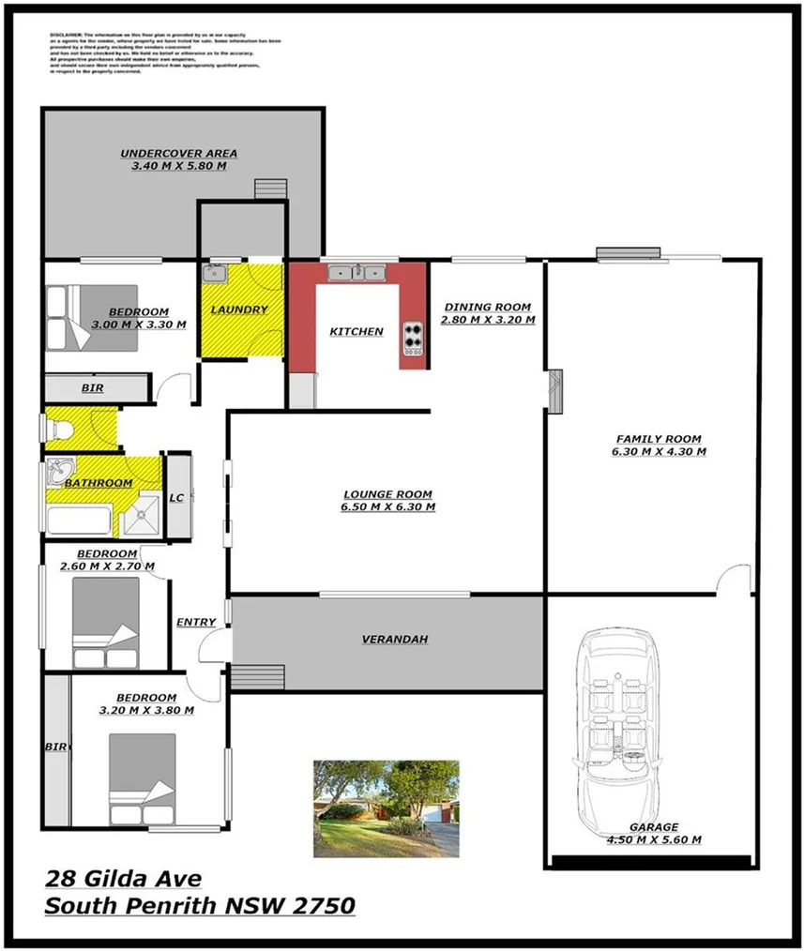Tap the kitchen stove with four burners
(x=414, y=338)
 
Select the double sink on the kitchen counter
(x=356, y=273)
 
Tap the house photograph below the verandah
(x=386, y=808)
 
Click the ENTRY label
(x=196, y=622)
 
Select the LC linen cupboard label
(x=175, y=498)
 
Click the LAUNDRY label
(x=239, y=309)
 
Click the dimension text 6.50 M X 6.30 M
(x=387, y=507)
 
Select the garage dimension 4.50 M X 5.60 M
(x=653, y=840)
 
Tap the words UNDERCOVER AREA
(x=178, y=153)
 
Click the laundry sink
(x=215, y=273)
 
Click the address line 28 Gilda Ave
(x=123, y=879)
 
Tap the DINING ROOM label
(x=487, y=307)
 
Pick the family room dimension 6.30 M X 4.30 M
(x=658, y=451)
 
